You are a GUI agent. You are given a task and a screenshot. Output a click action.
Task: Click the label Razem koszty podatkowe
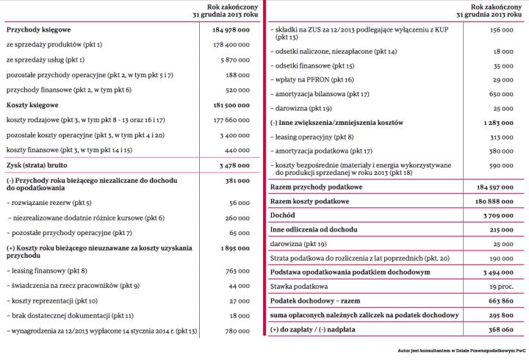[309, 201]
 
